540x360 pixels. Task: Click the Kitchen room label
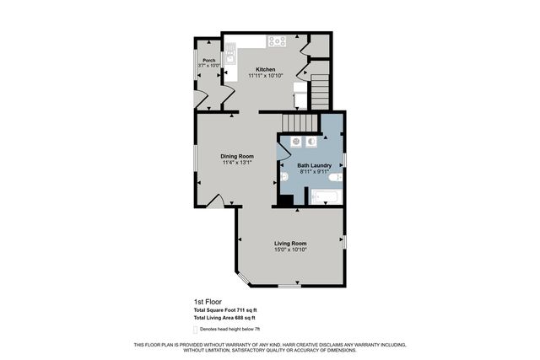tap(266, 69)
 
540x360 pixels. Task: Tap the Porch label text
tap(208, 60)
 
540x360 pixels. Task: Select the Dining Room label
tap(237, 156)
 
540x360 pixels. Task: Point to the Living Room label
tap(290, 244)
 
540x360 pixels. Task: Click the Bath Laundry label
tap(313, 165)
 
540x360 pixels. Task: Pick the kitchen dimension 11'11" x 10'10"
tap(266, 76)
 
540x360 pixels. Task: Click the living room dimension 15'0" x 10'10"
tap(290, 250)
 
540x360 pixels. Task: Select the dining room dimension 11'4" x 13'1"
tap(237, 163)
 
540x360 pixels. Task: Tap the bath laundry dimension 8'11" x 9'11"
tap(313, 172)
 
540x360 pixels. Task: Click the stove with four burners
tap(277, 40)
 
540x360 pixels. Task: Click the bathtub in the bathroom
tap(324, 198)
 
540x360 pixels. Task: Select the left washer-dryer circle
tap(297, 142)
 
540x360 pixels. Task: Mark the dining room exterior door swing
tap(216, 201)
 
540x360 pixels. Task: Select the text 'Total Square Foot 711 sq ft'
tap(225, 309)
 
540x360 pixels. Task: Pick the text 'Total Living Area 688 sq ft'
tap(224, 318)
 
